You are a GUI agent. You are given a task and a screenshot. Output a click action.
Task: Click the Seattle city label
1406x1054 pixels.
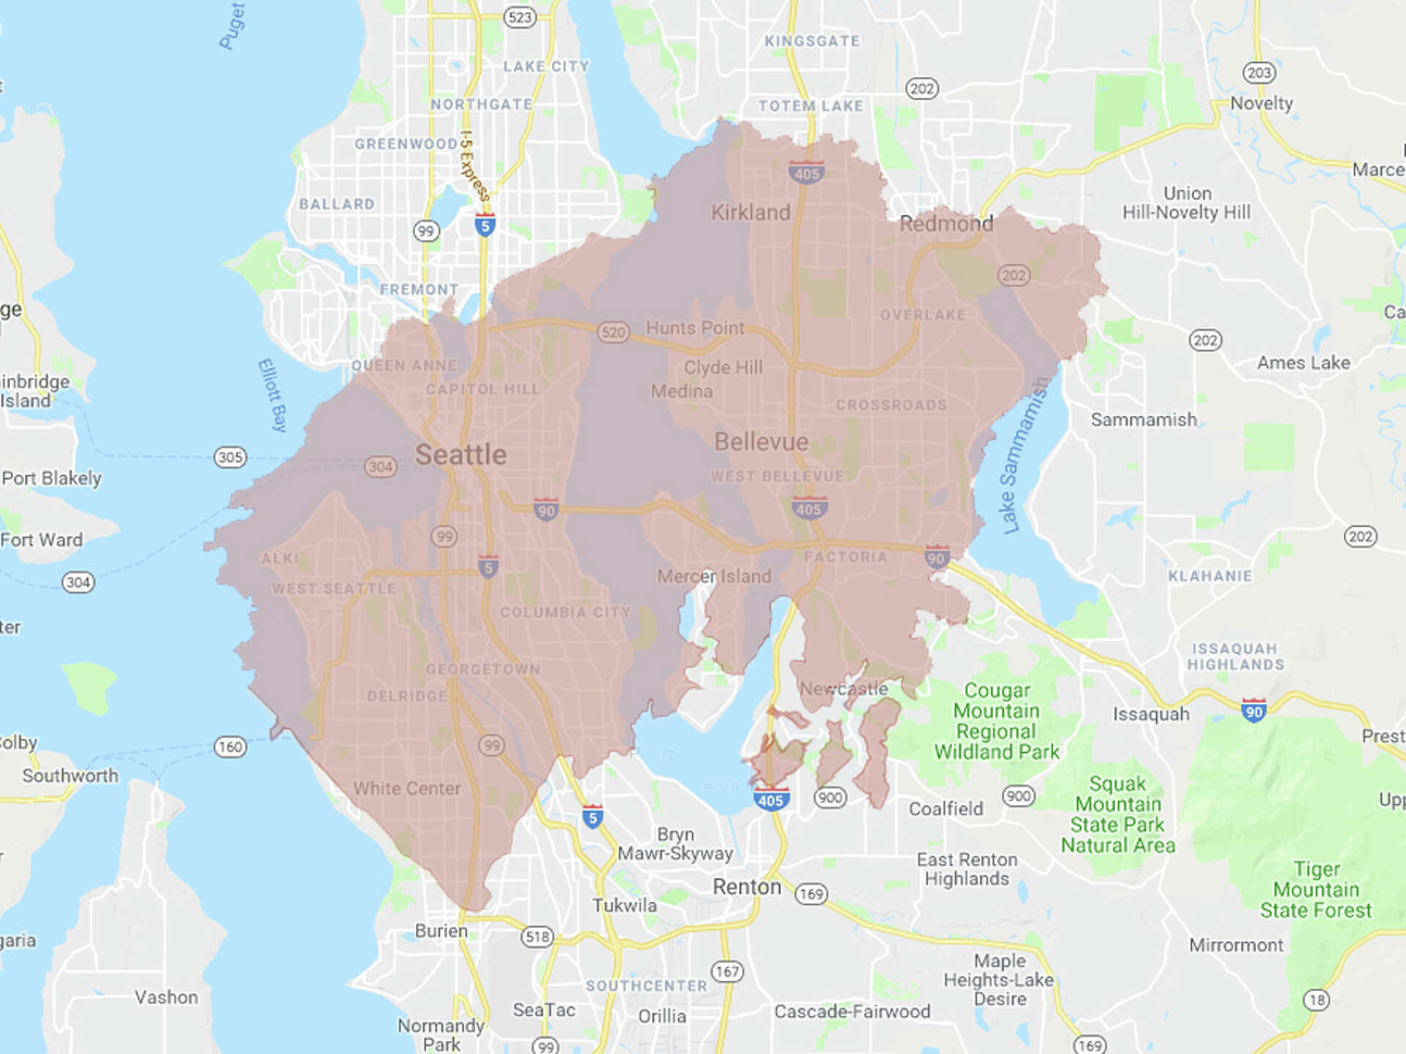click(x=461, y=455)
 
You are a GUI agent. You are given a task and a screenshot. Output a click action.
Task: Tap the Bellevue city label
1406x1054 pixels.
click(x=761, y=442)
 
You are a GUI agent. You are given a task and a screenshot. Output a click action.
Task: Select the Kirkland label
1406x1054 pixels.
click(x=751, y=212)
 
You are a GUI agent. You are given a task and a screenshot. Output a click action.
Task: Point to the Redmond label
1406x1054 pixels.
click(x=946, y=223)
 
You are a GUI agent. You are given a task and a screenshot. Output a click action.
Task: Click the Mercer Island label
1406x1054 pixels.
click(x=714, y=577)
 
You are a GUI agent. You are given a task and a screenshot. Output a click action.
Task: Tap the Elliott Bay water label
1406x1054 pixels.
click(x=272, y=395)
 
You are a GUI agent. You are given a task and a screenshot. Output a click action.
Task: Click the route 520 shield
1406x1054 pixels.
click(x=613, y=332)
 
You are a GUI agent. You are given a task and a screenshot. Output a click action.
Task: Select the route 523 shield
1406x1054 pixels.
click(x=519, y=17)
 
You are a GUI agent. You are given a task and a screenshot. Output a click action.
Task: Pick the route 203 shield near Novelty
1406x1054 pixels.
click(x=1259, y=72)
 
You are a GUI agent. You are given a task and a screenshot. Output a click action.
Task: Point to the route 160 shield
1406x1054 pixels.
click(x=230, y=747)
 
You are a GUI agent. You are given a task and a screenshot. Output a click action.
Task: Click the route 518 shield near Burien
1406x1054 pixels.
click(x=537, y=937)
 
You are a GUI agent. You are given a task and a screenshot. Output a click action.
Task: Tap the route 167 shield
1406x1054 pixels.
click(x=727, y=971)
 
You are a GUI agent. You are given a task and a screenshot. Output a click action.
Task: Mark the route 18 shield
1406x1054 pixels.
click(x=1317, y=1000)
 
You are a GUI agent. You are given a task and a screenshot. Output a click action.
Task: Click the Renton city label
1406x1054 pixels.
click(x=747, y=887)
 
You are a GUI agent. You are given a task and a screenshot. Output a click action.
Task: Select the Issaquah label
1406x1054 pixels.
click(x=1151, y=714)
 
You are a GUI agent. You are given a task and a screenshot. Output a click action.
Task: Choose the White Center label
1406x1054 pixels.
click(x=407, y=788)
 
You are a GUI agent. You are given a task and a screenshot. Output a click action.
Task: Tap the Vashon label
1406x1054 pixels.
click(x=166, y=998)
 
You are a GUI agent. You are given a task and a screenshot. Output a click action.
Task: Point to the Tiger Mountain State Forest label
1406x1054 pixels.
click(x=1316, y=889)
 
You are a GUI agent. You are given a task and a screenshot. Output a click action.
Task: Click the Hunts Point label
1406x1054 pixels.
click(x=694, y=328)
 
